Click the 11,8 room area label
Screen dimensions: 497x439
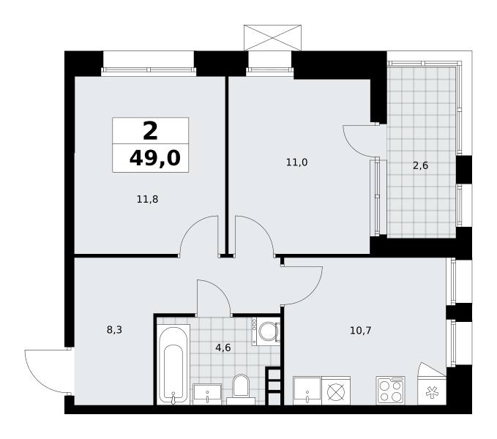[x=147, y=199]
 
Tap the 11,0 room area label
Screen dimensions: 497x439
[x=296, y=162]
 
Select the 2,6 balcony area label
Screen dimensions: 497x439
[x=421, y=165]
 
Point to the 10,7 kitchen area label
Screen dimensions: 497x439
[x=360, y=331]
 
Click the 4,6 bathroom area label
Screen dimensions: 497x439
[x=223, y=348]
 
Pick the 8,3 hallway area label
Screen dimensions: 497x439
[x=114, y=330]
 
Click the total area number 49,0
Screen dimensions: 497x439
[x=154, y=158]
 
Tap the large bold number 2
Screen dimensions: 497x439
[x=150, y=131]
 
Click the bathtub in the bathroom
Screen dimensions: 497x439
[x=173, y=364]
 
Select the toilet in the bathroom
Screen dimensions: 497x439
[x=241, y=389]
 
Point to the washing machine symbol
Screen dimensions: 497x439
[x=266, y=331]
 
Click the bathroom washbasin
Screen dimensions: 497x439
[x=207, y=394]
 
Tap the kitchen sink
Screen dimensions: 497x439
[x=307, y=391]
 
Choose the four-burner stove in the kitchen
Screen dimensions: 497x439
[x=391, y=391]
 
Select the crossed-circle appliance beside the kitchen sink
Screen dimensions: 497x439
[x=336, y=391]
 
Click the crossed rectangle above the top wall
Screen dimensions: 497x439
[x=272, y=38]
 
